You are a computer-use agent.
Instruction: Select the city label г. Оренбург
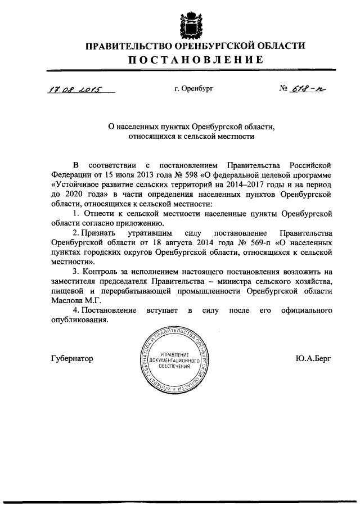coord(194,88)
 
